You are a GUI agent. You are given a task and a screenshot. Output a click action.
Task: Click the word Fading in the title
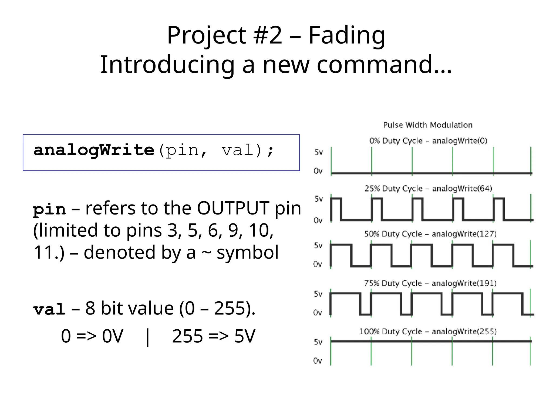[347, 36]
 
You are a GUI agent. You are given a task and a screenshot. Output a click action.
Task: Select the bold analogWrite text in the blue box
[94, 150]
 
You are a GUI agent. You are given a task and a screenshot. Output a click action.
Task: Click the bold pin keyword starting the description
[49, 209]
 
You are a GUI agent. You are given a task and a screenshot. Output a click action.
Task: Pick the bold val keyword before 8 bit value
[49, 309]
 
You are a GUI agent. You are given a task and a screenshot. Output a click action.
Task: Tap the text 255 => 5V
[213, 336]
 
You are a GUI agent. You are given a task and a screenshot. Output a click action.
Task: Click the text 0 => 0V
[92, 336]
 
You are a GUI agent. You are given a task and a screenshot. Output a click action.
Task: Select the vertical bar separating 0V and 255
[147, 337]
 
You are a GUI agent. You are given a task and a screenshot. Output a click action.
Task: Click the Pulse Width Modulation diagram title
[428, 125]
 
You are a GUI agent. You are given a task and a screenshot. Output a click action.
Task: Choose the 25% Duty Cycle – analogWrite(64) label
[428, 189]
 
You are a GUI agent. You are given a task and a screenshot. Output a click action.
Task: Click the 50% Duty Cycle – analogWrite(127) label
[430, 234]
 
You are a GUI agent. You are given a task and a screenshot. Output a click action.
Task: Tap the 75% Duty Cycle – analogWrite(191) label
[430, 283]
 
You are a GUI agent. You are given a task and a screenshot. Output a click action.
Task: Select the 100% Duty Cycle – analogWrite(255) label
[428, 332]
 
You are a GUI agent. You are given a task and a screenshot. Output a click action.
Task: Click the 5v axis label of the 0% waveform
[319, 152]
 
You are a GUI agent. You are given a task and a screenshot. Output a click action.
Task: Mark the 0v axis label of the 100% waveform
[318, 361]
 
